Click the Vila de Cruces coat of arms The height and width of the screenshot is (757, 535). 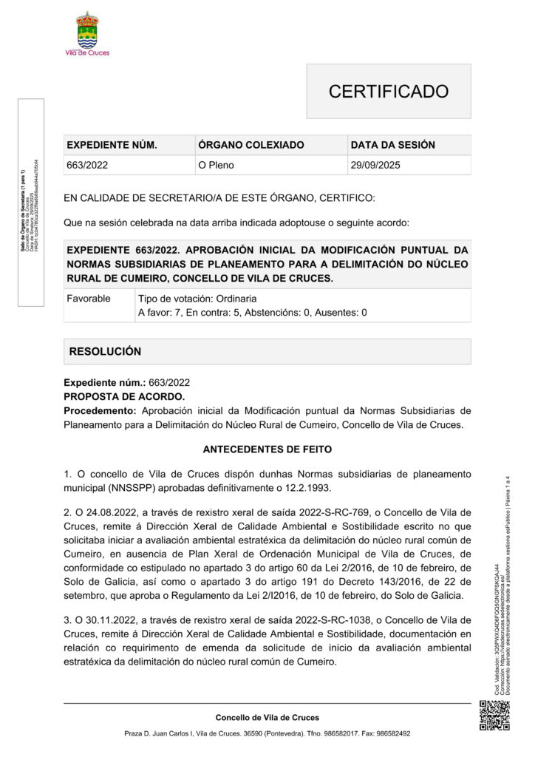87,30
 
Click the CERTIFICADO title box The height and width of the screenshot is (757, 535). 388,91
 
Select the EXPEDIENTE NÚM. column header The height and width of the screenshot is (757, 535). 112,145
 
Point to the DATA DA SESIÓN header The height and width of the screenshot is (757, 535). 392,145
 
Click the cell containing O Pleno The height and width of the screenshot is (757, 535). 216,165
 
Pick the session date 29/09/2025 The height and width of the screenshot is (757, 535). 375,165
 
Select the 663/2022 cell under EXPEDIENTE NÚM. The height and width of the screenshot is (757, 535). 87,165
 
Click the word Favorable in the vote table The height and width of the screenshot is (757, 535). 89,299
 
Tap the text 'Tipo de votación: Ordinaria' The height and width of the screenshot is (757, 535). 197,299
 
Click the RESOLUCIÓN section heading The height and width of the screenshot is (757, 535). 105,351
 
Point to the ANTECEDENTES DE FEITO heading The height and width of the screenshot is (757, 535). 267,449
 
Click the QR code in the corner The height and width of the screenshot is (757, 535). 494,715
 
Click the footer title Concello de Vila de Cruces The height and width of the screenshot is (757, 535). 267,717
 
